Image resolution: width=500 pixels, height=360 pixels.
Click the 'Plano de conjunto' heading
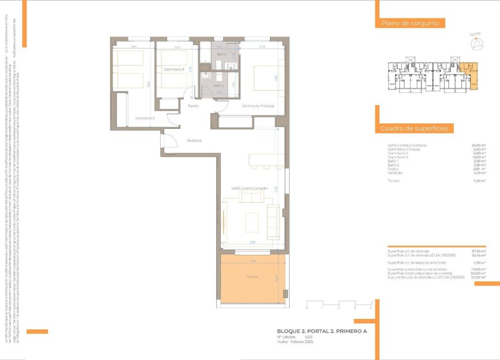click(x=410, y=24)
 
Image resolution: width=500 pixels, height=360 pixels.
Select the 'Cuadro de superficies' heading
click(x=414, y=128)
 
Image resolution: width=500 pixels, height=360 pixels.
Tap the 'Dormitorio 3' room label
click(x=173, y=69)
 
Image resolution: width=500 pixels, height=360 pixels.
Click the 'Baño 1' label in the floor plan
click(x=223, y=54)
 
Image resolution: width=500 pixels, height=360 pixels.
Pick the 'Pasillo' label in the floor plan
click(x=193, y=106)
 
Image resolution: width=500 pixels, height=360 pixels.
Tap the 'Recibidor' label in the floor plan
click(x=194, y=140)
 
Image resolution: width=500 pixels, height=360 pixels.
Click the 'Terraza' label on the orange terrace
click(x=251, y=277)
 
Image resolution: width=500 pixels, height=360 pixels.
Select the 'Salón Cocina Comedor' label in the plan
click(x=250, y=188)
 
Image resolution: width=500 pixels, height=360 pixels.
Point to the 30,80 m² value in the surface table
click(x=479, y=145)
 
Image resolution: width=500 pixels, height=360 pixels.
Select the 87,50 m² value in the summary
click(x=479, y=251)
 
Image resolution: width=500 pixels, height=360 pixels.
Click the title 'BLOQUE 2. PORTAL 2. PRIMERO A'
click(x=321, y=331)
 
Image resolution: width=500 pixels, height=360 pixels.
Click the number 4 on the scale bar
click(x=370, y=307)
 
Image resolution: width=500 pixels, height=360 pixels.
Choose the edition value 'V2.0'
click(x=309, y=336)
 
